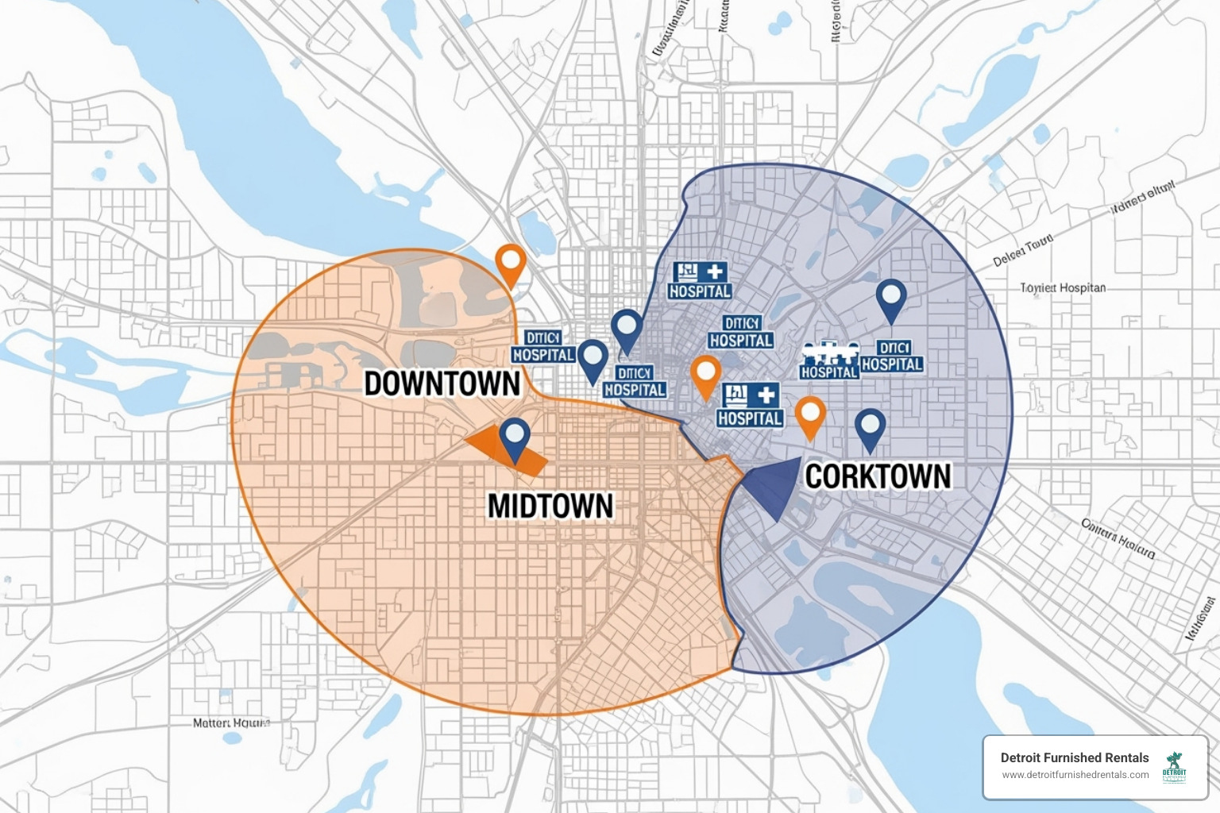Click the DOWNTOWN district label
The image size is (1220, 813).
point(442,383)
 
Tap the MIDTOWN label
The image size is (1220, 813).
point(550,506)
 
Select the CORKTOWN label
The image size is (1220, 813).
point(878,476)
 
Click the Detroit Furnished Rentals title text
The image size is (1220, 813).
point(1074,757)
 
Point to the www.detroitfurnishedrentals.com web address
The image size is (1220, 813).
point(1075,775)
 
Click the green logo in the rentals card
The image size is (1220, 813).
point(1174,768)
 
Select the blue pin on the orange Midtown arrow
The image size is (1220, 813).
point(515,438)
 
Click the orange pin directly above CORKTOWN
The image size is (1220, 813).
point(810,416)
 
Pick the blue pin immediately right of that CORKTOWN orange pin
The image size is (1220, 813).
point(871,428)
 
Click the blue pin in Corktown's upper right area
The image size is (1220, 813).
point(891,299)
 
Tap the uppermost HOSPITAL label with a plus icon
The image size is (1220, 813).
point(700,281)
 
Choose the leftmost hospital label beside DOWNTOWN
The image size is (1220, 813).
point(543,347)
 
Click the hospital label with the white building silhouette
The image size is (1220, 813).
point(829,361)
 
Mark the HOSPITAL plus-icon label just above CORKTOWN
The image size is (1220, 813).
point(750,405)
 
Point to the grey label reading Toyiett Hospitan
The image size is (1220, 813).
point(1063,288)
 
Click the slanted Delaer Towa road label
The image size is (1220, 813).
point(1023,249)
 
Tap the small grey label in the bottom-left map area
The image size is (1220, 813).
point(231,723)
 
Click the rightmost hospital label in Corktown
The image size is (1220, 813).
point(893,356)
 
